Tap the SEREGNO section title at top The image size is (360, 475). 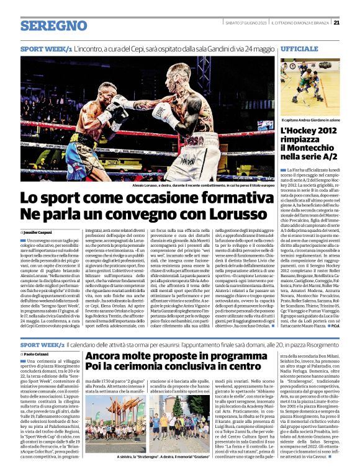53,25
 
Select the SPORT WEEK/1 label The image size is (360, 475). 46,48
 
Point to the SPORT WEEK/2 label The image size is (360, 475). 46,344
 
